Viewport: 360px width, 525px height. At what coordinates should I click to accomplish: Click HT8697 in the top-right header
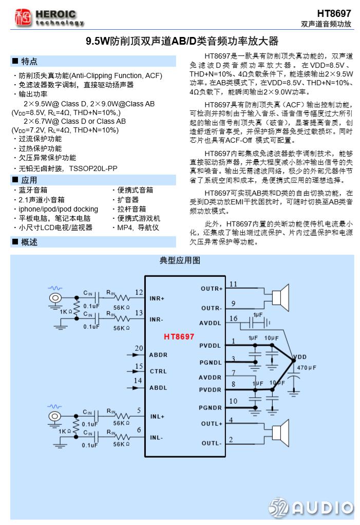(334, 13)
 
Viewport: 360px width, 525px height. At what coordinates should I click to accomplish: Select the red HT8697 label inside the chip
(179, 337)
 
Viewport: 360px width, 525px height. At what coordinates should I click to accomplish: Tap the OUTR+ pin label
(212, 288)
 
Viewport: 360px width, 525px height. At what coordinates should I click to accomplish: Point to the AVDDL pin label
(210, 323)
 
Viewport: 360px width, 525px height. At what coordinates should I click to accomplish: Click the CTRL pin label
(158, 371)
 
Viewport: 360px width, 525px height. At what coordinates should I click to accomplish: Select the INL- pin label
(157, 437)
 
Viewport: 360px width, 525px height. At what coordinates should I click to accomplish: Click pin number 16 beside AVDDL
(233, 318)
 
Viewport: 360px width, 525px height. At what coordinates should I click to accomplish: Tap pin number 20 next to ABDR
(139, 349)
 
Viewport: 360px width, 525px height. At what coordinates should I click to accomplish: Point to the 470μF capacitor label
(306, 368)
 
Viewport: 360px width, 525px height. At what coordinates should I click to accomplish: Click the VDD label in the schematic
(298, 357)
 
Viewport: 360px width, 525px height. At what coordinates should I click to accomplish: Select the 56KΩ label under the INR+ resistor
(121, 307)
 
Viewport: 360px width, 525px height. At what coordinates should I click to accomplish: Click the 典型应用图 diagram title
(180, 260)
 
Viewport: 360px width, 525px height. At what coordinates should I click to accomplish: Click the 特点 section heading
(29, 62)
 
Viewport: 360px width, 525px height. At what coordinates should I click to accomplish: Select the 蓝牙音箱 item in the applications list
(33, 190)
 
